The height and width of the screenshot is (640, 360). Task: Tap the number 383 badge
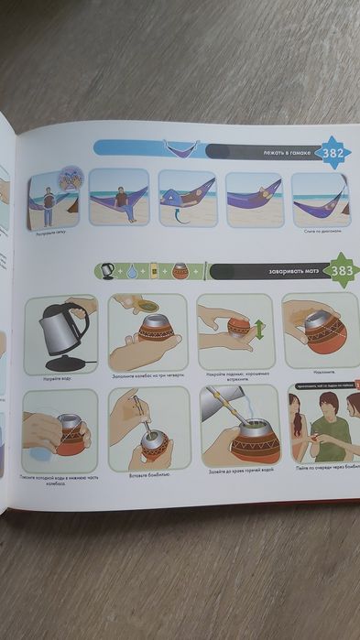[342, 271]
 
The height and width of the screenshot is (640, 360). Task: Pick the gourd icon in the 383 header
[180, 271]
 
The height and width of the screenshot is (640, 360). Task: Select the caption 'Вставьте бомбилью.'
[142, 474]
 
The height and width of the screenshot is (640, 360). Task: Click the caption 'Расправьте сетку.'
[49, 234]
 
